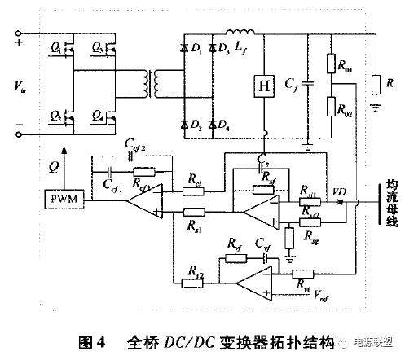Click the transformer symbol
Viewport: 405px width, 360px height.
coord(147,81)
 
